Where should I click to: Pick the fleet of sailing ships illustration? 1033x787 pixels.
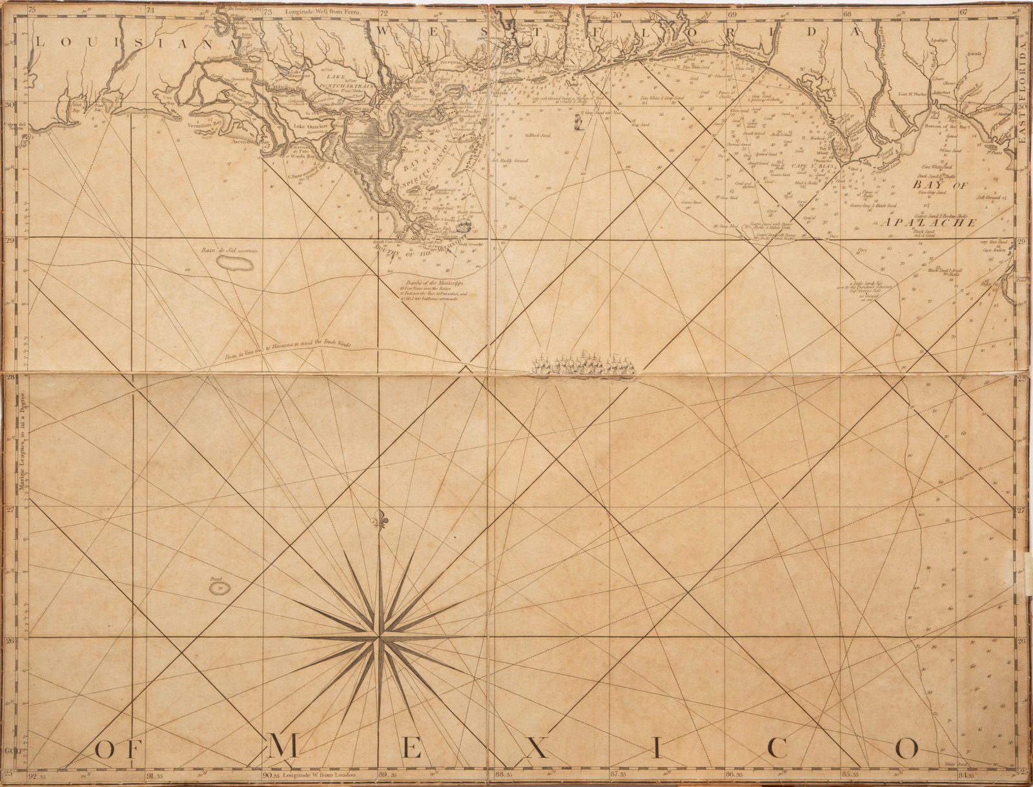click(583, 365)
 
